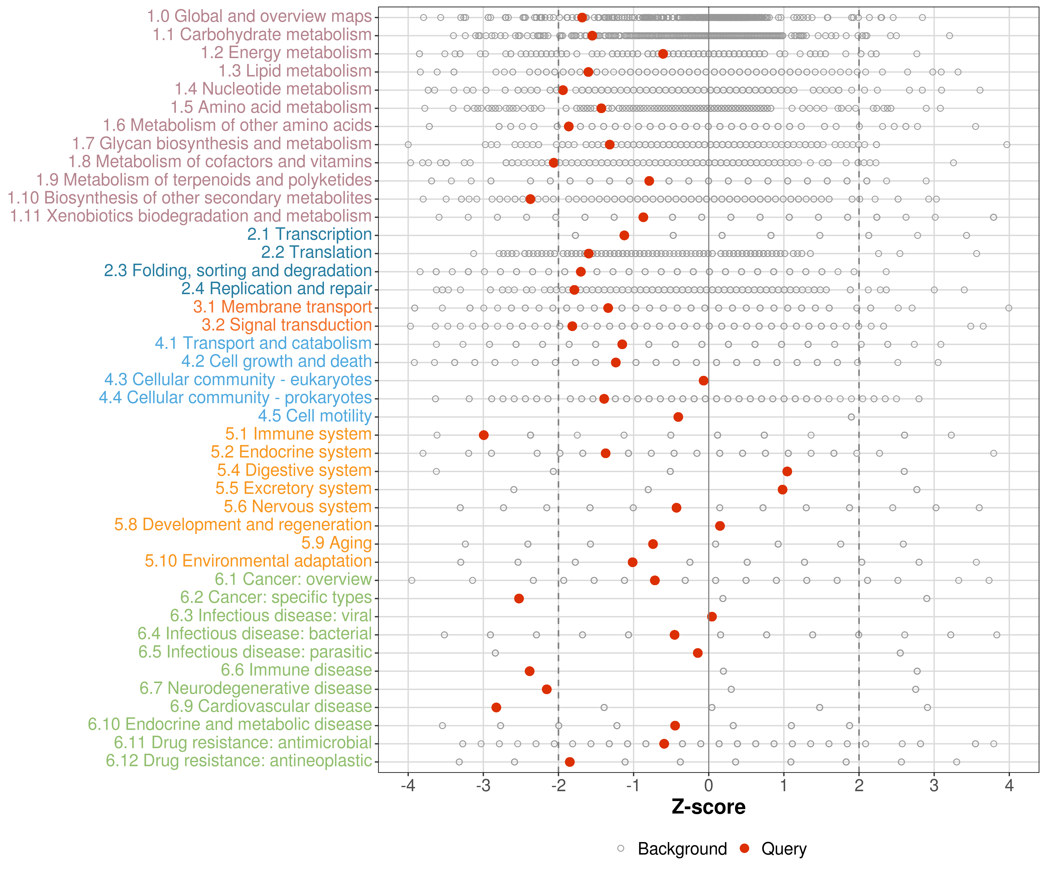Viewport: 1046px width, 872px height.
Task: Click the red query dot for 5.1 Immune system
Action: coord(483,435)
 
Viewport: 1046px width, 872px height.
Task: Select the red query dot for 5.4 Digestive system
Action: coord(787,471)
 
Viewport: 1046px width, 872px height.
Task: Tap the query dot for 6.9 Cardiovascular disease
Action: coord(496,707)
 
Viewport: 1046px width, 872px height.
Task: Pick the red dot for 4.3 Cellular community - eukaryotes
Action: coord(703,381)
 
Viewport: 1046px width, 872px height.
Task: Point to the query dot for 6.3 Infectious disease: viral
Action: coord(712,617)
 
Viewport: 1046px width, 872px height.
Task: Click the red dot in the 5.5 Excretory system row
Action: coord(782,489)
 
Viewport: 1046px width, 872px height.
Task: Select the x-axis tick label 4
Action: coord(1009,786)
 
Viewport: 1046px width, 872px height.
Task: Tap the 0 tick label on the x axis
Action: coord(708,786)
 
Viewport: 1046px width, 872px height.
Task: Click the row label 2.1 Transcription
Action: coord(309,234)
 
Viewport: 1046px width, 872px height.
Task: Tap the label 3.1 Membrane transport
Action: coord(282,307)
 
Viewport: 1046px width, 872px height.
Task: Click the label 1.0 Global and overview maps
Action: coord(259,17)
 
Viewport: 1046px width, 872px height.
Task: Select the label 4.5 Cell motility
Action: coord(315,416)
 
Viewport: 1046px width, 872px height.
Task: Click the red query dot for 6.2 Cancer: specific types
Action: coord(519,598)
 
